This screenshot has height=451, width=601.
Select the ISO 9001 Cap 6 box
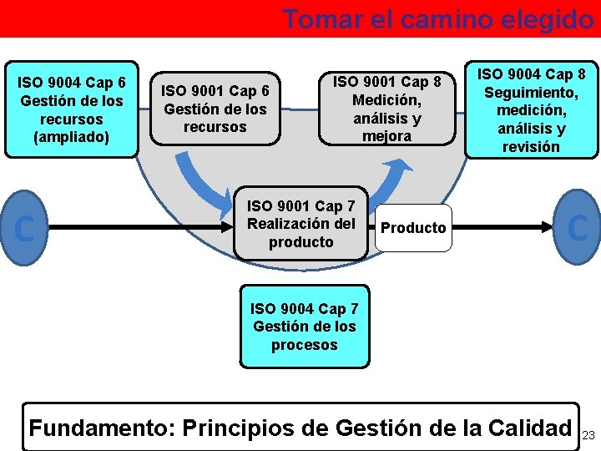point(216,109)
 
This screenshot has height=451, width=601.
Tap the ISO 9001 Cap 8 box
point(387,109)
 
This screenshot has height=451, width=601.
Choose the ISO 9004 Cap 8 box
point(531,110)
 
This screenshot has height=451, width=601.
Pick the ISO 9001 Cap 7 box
point(301,224)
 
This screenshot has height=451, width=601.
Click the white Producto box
point(413,228)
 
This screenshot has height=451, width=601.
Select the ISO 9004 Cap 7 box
point(304,327)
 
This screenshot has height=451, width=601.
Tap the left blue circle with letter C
point(25,227)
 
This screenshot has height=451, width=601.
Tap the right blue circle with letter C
point(577,227)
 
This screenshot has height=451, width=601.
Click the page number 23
point(588,435)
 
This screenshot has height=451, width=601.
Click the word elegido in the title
point(548,18)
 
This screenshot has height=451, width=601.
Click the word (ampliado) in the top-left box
point(71,136)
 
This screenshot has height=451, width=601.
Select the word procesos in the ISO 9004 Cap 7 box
point(304,345)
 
